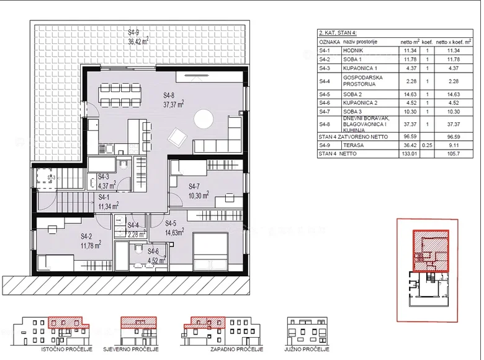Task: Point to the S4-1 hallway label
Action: pos(108,202)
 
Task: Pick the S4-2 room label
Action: pos(90,240)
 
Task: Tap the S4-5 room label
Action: pos(174,228)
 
